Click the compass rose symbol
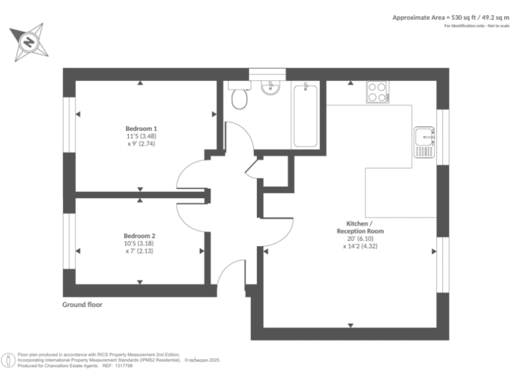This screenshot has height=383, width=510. point(29,41)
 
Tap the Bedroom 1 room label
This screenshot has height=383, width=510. point(141,128)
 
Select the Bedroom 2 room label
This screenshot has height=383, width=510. point(139,235)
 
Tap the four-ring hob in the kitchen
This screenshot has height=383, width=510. point(377,92)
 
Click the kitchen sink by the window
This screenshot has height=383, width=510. point(424,142)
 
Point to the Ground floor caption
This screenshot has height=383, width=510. point(82,305)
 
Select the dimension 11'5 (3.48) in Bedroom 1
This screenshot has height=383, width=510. point(141,136)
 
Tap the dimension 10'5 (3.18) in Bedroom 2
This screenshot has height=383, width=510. point(139,243)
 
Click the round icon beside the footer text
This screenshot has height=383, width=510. point(9,360)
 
